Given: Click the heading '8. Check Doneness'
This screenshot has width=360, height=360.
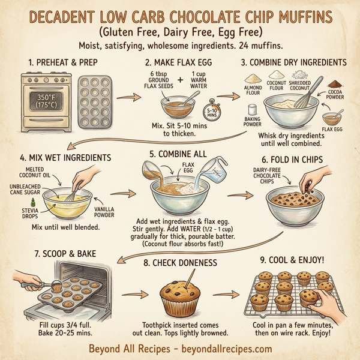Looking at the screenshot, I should click(x=180, y=262).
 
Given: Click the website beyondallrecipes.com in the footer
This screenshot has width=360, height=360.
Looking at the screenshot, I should click(x=223, y=349).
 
